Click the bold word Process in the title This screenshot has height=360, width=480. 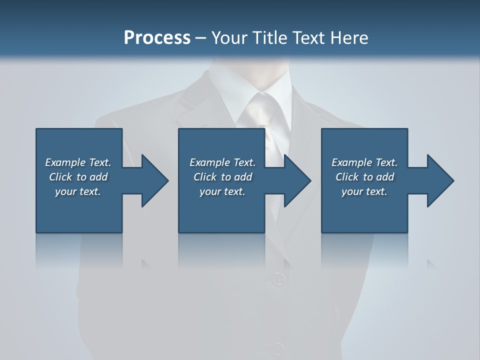coord(157,38)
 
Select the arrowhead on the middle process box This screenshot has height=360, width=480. coord(296,180)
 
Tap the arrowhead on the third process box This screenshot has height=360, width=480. coord(439,180)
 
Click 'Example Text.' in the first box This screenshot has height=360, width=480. coord(78,162)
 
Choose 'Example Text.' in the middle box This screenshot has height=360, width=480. coord(222,162)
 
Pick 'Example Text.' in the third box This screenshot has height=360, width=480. coord(364,162)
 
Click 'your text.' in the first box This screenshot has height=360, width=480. coord(78,191)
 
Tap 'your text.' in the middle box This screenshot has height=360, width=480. coord(222,191)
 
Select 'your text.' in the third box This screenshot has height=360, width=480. coord(364,191)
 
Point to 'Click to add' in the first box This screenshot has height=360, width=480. coord(78,177)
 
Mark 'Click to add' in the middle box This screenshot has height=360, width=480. coord(222,177)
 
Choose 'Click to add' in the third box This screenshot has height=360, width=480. coord(364,177)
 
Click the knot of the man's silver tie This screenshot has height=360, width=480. coord(261,107)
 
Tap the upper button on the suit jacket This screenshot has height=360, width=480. coord(279,278)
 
